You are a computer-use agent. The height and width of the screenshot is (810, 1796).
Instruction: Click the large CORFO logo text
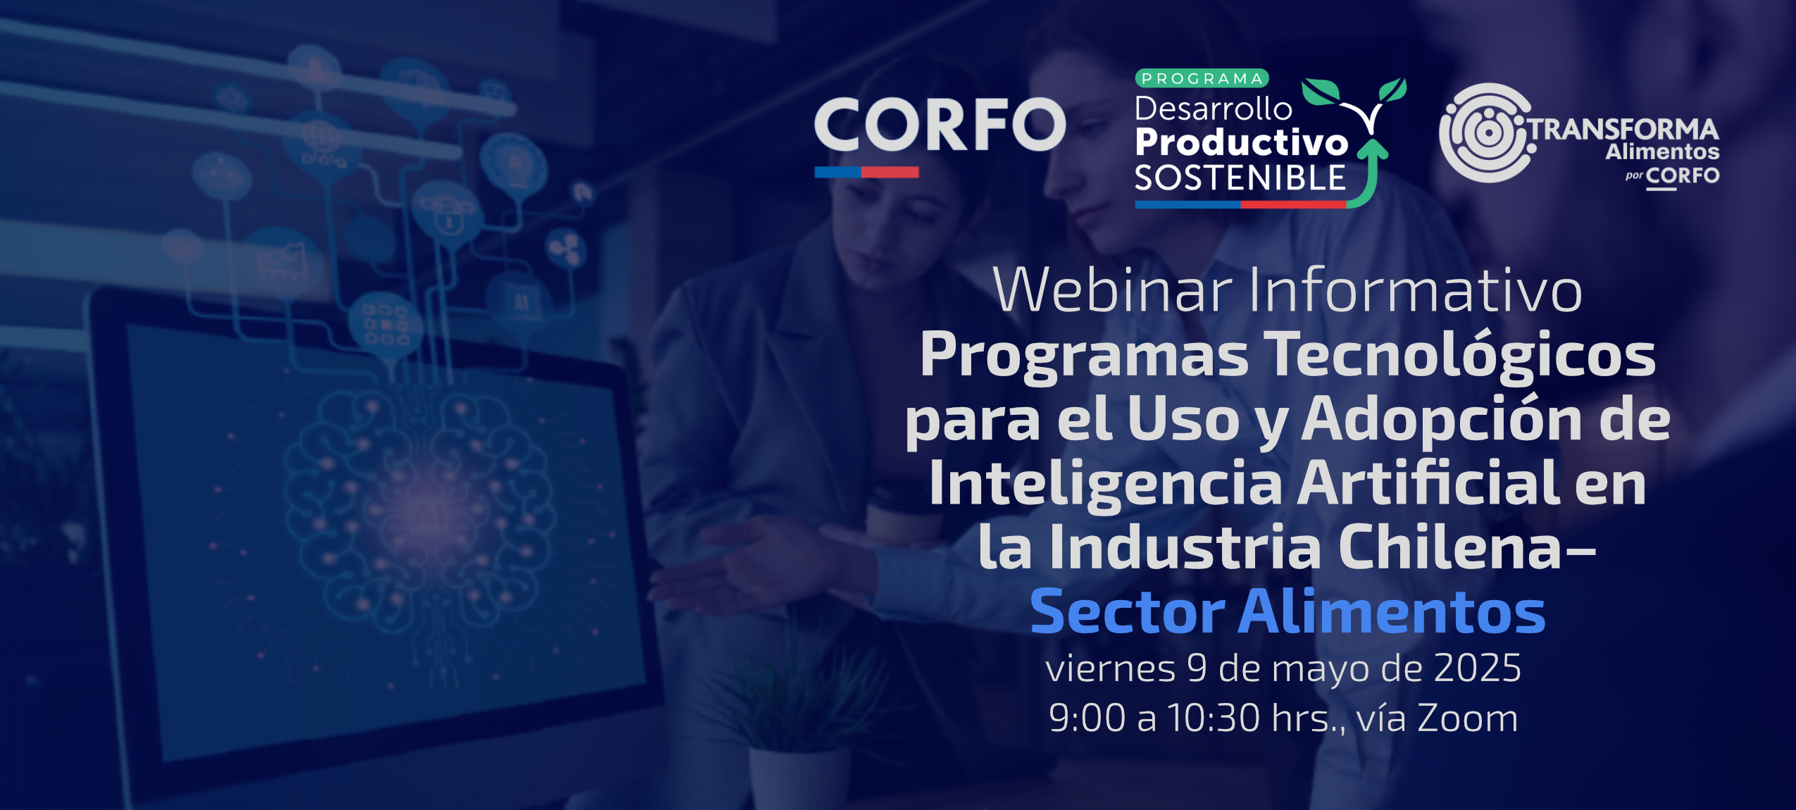point(940,124)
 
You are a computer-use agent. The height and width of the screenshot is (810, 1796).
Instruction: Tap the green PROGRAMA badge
point(1202,78)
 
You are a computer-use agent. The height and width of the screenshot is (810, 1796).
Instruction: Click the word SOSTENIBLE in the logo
point(1240,178)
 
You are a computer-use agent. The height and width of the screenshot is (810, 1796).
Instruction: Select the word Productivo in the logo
point(1242,142)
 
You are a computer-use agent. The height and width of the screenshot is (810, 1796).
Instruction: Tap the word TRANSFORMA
point(1623,130)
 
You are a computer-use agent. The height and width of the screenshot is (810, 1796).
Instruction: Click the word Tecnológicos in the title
point(1459,356)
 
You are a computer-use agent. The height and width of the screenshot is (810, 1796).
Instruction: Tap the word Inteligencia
point(1106,484)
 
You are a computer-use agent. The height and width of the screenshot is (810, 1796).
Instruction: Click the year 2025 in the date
point(1477,668)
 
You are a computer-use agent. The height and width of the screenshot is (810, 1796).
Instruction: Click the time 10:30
point(1214,718)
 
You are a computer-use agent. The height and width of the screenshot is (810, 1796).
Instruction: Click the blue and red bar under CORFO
point(866,172)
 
